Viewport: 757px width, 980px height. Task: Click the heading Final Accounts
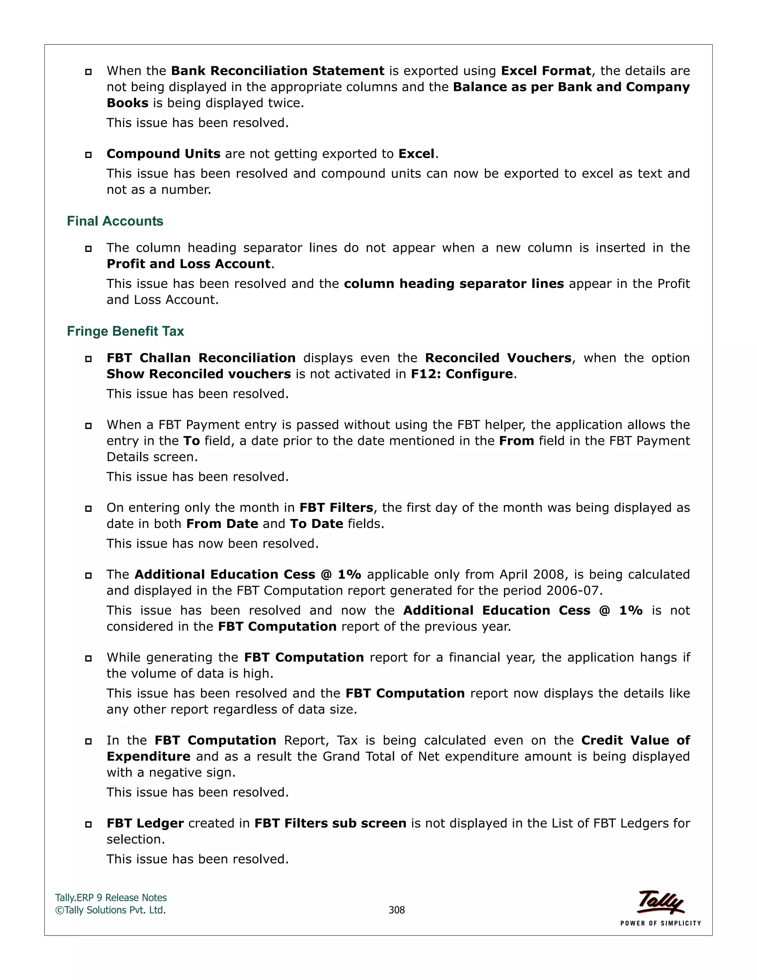pyautogui.click(x=115, y=221)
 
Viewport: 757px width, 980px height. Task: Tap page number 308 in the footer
pyautogui.click(x=397, y=910)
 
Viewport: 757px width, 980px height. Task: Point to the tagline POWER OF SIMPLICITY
pyautogui.click(x=660, y=923)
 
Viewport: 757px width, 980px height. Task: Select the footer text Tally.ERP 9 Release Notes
pyautogui.click(x=111, y=898)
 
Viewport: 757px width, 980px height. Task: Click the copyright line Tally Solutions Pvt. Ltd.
pyautogui.click(x=111, y=910)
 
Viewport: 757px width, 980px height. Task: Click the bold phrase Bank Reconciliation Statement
pyautogui.click(x=278, y=71)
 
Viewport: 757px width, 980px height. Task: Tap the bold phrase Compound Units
pyautogui.click(x=163, y=154)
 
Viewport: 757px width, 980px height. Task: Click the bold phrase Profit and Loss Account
pyautogui.click(x=189, y=264)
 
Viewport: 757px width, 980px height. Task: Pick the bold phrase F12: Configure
pyautogui.click(x=461, y=374)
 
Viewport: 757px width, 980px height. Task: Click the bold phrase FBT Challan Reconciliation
pyautogui.click(x=201, y=358)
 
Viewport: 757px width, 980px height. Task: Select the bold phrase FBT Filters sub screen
pyautogui.click(x=330, y=824)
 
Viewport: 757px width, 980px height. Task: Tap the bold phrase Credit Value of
pyautogui.click(x=635, y=740)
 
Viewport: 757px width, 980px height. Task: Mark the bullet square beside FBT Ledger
pyautogui.click(x=88, y=824)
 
